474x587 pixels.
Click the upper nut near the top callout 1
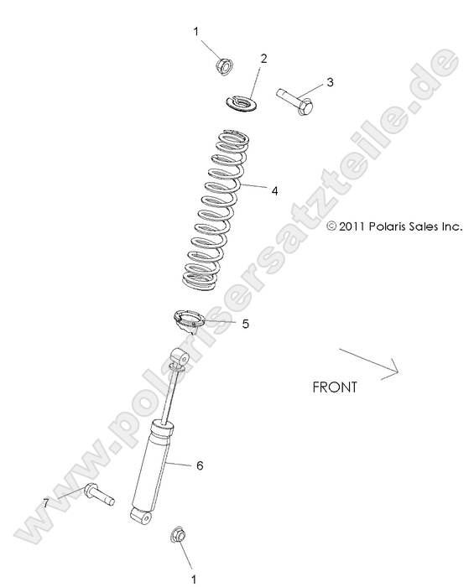pyautogui.click(x=224, y=65)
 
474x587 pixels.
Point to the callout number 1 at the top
pyautogui.click(x=196, y=32)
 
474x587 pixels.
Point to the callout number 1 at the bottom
pyautogui.click(x=196, y=577)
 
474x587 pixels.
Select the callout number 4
pyautogui.click(x=274, y=190)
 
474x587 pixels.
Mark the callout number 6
pyautogui.click(x=199, y=465)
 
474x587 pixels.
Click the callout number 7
pyautogui.click(x=46, y=502)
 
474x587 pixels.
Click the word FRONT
pyautogui.click(x=334, y=387)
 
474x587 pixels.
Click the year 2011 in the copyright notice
pyautogui.click(x=349, y=226)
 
